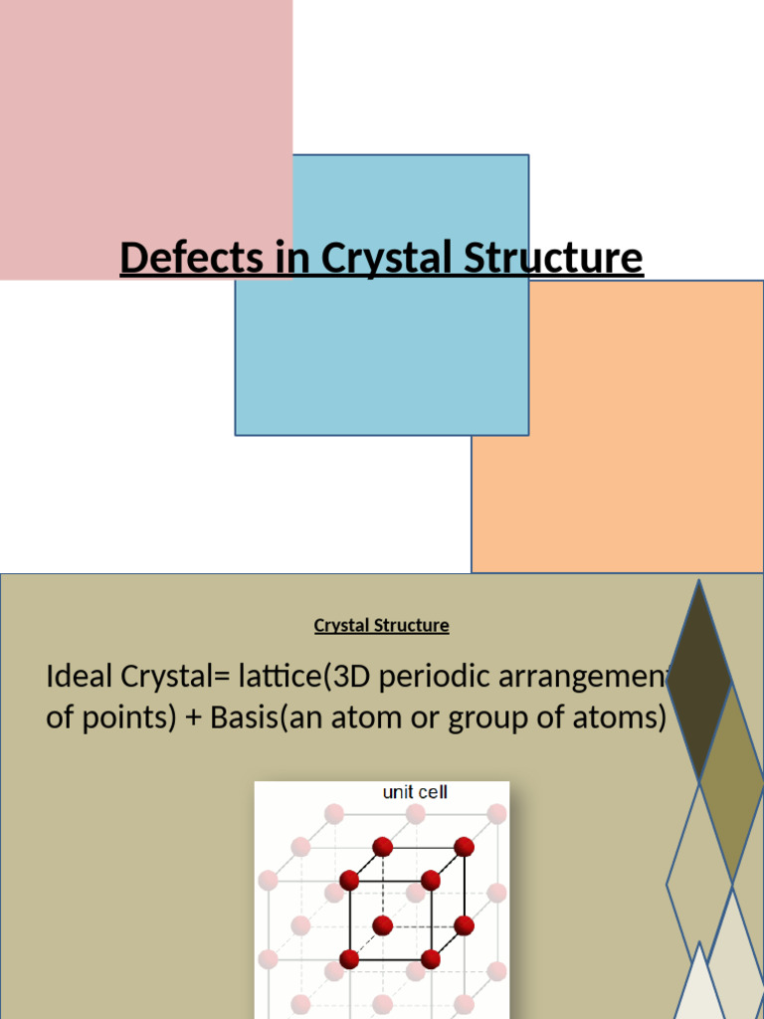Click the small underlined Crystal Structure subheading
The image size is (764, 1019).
click(381, 626)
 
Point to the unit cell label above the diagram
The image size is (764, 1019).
click(415, 793)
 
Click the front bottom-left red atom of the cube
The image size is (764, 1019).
click(349, 959)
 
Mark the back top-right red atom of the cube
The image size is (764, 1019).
click(464, 847)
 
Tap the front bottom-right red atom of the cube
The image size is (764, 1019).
click(431, 959)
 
